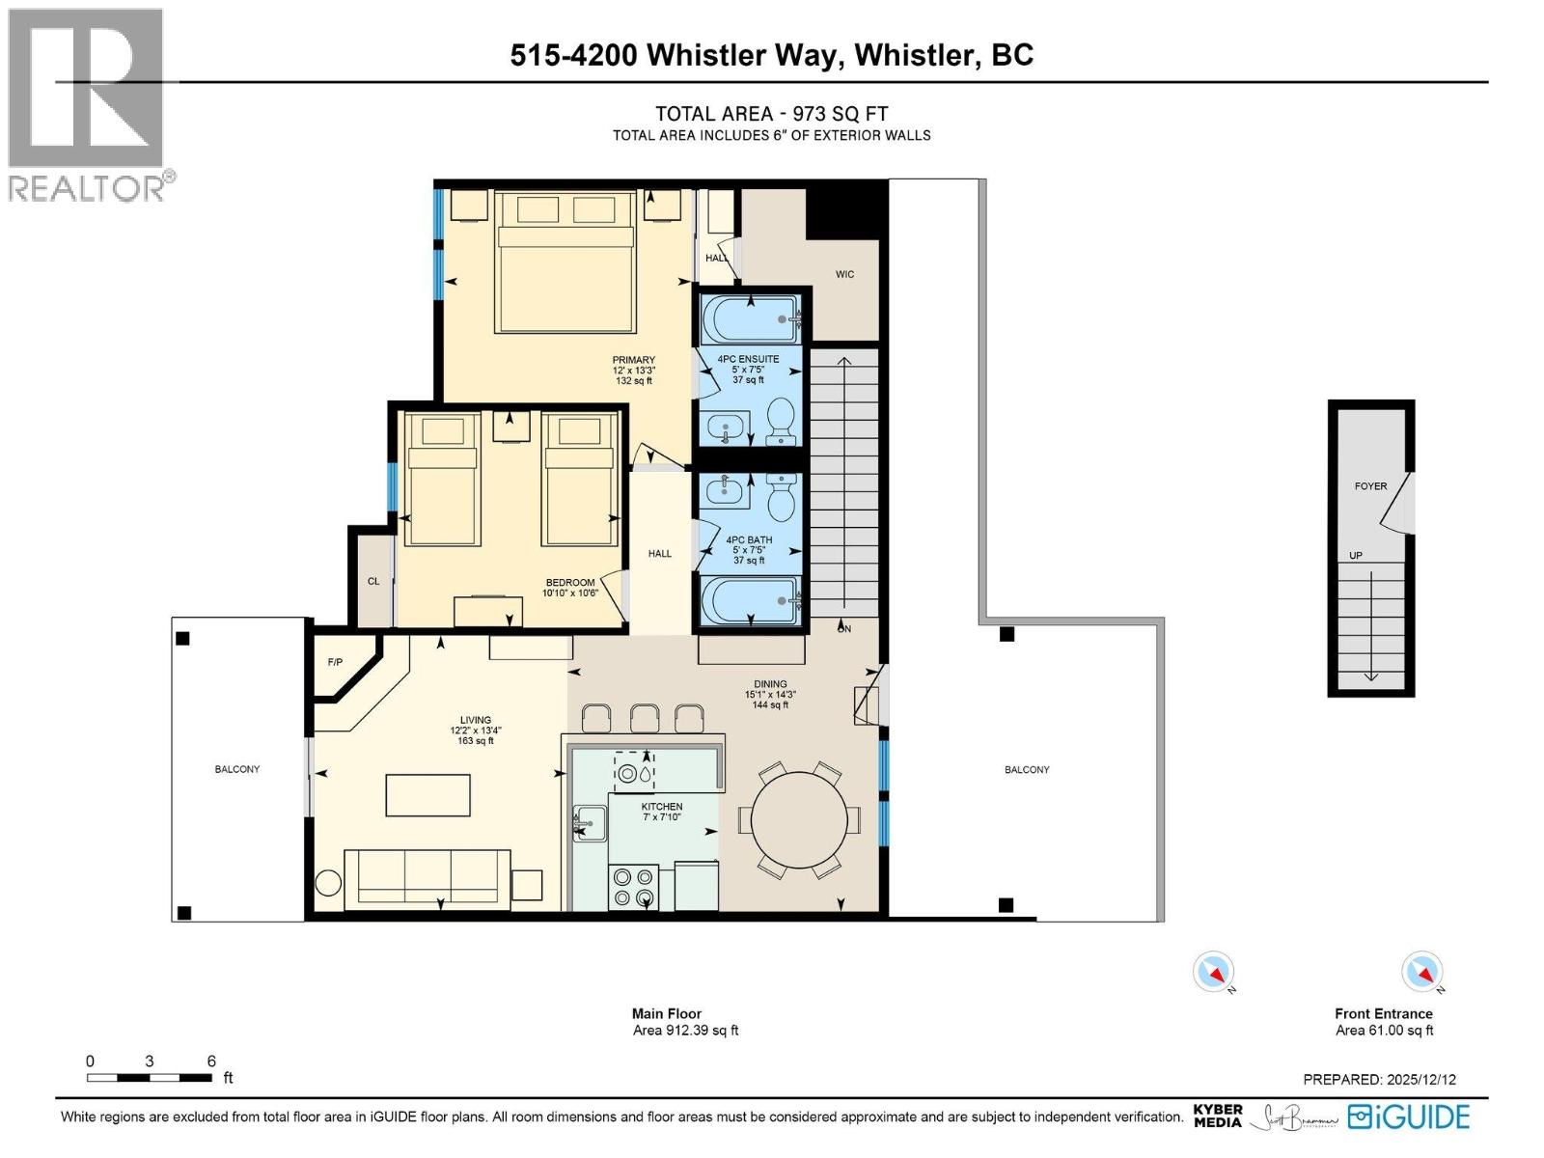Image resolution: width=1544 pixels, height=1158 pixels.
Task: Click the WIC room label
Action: (844, 275)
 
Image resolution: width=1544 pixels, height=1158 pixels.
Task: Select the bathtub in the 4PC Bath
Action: (750, 600)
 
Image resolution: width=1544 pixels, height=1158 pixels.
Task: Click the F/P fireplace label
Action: (335, 663)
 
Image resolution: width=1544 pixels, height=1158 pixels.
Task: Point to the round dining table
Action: (799, 819)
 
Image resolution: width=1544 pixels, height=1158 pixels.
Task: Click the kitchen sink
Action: (590, 823)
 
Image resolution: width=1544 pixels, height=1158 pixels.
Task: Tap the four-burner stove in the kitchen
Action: (633, 888)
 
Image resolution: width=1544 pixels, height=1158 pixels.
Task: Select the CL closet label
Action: (373, 582)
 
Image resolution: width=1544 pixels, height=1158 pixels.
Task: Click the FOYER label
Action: (1370, 486)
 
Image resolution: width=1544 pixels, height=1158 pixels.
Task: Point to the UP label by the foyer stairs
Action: (1356, 556)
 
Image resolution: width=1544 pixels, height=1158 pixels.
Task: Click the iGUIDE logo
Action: (1409, 1117)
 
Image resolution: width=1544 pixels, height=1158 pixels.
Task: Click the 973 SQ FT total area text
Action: (840, 114)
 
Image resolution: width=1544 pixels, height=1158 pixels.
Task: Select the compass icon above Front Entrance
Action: (1421, 972)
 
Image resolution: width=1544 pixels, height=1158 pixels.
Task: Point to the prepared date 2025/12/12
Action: (1421, 1080)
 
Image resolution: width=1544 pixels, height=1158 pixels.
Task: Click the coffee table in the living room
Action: (427, 795)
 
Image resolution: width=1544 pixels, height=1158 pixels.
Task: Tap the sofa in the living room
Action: (427, 878)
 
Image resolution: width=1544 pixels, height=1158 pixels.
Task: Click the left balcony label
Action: (237, 769)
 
